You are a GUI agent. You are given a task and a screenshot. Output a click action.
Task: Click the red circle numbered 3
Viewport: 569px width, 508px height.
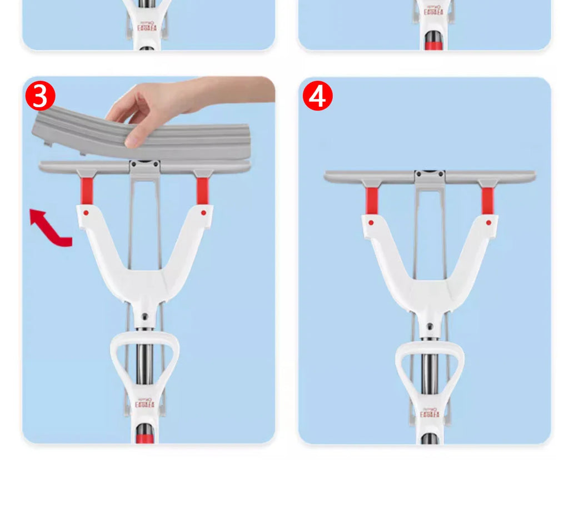[40, 96]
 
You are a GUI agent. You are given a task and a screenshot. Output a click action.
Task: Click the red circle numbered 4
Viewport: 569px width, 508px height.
[317, 96]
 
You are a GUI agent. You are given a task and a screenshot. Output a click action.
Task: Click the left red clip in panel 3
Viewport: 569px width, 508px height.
[86, 191]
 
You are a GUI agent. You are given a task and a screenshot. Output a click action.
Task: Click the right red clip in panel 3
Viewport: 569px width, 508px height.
[202, 191]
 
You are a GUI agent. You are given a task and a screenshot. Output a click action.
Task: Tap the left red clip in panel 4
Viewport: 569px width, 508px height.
[372, 200]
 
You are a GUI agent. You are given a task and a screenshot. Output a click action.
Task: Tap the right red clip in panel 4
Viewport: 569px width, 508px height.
[487, 200]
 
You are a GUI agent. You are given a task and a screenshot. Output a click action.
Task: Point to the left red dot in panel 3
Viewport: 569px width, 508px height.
[86, 212]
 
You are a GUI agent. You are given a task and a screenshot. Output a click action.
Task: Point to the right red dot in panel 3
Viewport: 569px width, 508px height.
[203, 212]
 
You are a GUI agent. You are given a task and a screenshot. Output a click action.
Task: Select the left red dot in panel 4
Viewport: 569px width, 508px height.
[371, 222]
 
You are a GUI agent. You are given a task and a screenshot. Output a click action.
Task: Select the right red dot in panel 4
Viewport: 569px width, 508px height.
[488, 222]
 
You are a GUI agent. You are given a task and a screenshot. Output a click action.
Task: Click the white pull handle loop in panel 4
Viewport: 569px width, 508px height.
[430, 367]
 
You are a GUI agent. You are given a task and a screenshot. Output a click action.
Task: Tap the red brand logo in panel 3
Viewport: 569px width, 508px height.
[146, 403]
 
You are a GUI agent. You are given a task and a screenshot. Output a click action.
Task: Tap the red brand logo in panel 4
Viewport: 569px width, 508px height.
[430, 413]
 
